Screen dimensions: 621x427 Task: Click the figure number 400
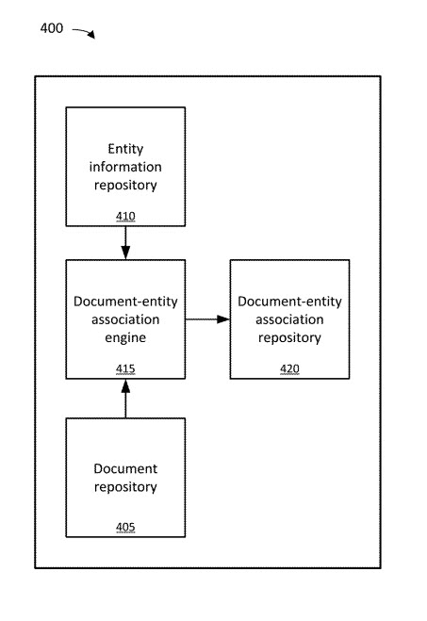[52, 28]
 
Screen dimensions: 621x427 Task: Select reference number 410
[125, 216]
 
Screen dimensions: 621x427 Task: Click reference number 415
[125, 368]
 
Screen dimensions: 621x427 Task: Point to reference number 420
[289, 368]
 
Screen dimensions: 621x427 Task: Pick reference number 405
[125, 526]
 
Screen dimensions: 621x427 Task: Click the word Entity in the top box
[125, 149]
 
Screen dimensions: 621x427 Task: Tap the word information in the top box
[125, 167]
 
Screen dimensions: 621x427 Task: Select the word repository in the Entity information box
[125, 185]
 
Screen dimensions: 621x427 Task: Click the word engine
[125, 336]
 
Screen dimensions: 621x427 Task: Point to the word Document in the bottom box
[125, 468]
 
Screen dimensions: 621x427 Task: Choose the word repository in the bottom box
[125, 487]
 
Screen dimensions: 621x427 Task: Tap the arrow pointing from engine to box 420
[207, 319]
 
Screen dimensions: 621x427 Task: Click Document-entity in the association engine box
[125, 301]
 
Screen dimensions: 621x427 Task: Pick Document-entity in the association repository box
[289, 301]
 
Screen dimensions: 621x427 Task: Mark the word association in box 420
[289, 319]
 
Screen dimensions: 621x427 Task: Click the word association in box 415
[125, 319]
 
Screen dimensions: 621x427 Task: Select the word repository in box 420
[289, 336]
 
